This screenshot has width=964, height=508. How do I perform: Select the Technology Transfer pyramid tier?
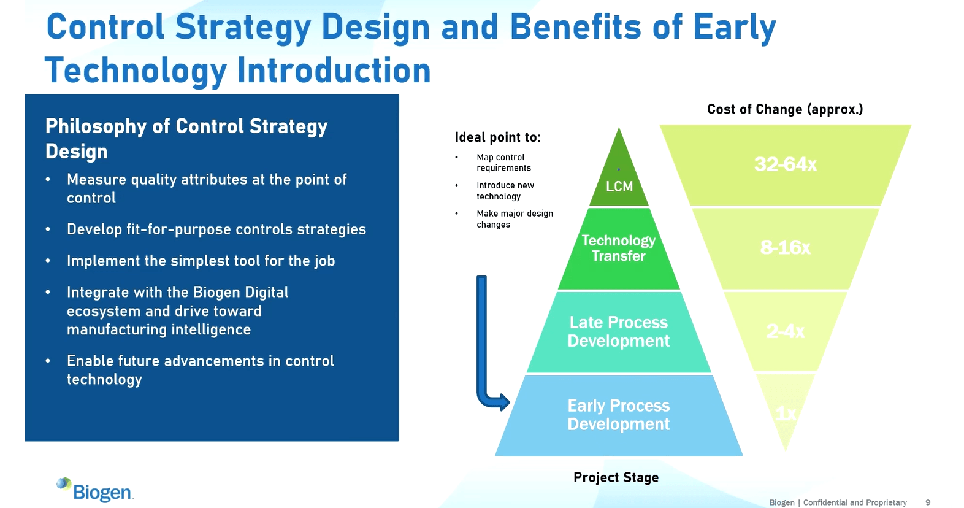tap(618, 248)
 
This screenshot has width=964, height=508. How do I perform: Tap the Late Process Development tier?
tap(618, 331)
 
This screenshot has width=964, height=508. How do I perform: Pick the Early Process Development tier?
tap(618, 415)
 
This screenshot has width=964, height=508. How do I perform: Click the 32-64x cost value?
tap(785, 164)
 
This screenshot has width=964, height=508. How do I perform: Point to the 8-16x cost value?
tap(785, 247)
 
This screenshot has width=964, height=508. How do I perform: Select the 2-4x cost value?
tap(785, 331)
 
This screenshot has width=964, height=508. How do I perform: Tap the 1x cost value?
tap(786, 414)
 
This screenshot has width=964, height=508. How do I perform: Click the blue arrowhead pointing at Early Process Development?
tap(503, 402)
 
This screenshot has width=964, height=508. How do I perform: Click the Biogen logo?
tap(95, 490)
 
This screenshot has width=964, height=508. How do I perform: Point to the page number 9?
tap(928, 502)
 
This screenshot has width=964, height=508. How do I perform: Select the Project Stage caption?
tap(616, 477)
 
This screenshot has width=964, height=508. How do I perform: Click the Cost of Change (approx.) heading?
tap(785, 109)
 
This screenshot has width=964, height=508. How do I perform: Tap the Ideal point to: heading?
tap(497, 137)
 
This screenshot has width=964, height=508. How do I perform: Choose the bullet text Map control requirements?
tap(503, 163)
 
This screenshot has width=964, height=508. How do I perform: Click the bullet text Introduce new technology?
tap(505, 191)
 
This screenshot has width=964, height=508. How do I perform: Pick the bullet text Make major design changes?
tap(515, 219)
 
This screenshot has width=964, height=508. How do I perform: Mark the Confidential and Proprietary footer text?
tap(855, 502)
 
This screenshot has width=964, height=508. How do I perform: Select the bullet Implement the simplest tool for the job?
tap(201, 261)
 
